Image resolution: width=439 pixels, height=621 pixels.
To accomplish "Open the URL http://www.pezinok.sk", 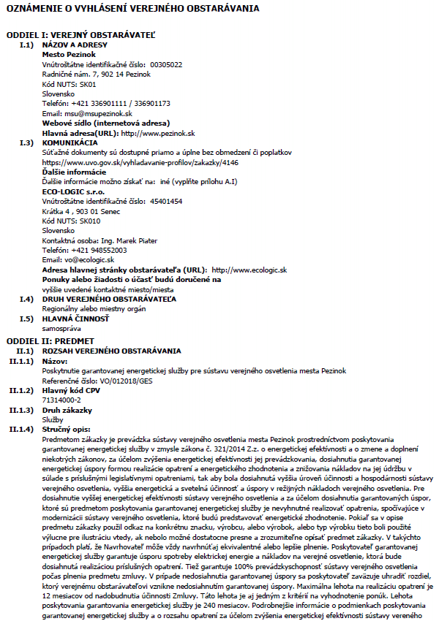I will pyautogui.click(x=158, y=134).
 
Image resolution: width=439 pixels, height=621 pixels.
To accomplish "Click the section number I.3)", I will pyautogui.click(x=26, y=143).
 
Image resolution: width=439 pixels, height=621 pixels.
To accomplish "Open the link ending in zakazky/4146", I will pyautogui.click(x=140, y=162).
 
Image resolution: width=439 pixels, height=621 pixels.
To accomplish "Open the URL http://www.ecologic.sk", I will pyautogui.click(x=249, y=270).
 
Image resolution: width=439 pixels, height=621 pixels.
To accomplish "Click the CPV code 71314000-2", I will pyautogui.click(x=62, y=400).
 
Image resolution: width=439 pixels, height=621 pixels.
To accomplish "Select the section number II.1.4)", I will pyautogui.click(x=22, y=430).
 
